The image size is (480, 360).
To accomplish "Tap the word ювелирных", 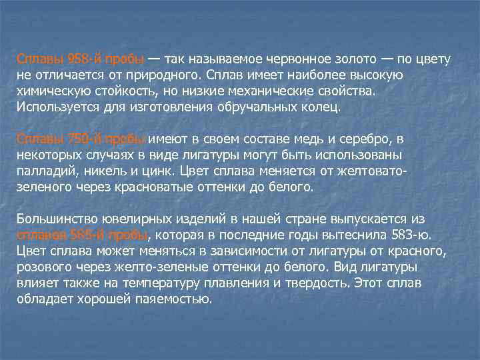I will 141,219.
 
